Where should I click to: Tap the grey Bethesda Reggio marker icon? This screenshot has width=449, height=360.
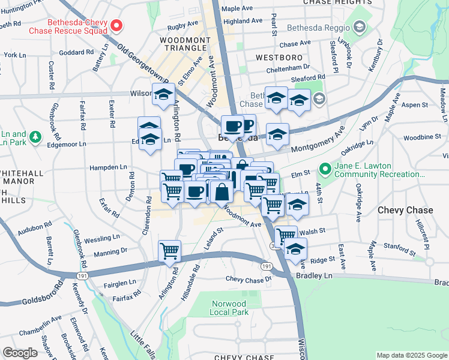(x=359, y=27)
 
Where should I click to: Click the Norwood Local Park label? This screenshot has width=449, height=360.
(x=229, y=308)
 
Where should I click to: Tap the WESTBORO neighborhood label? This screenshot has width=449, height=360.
(x=279, y=58)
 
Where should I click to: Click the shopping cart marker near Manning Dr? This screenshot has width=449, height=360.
(x=170, y=251)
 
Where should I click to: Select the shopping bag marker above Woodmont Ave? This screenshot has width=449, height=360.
(x=221, y=192)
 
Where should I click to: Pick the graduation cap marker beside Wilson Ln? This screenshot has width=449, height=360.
(x=163, y=94)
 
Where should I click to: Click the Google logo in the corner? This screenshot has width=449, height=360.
(x=20, y=352)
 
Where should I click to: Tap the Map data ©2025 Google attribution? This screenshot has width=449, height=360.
(x=411, y=355)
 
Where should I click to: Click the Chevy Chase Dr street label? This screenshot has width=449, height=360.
(x=249, y=279)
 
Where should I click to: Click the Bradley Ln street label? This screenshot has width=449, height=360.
(x=314, y=275)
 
